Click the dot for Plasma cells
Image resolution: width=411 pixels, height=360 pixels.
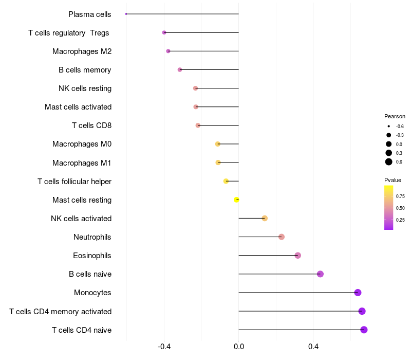126,14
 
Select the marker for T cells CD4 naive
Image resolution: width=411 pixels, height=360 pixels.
364,330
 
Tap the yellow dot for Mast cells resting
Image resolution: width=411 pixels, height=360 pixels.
236,200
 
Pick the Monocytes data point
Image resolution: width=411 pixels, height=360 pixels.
358,293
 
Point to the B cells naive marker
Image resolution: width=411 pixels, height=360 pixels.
320,274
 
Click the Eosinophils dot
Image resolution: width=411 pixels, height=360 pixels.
297,256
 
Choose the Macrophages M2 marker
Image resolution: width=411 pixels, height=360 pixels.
168,51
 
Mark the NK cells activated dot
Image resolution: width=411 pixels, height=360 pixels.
265,219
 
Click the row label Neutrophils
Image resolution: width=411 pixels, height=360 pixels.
92,237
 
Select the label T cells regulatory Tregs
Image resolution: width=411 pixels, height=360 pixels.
69,33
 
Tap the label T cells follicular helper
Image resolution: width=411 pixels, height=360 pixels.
74,182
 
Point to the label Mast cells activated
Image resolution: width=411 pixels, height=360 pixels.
78,107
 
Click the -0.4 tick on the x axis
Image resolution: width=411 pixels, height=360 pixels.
164,348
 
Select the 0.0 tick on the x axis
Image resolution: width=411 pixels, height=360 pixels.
239,348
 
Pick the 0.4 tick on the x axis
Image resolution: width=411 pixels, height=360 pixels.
313,348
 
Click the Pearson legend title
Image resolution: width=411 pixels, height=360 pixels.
395,116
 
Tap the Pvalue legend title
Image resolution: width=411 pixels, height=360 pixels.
393,180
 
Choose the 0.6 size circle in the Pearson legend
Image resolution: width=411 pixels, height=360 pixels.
389,162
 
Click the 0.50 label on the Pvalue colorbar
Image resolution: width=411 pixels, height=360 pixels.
400,208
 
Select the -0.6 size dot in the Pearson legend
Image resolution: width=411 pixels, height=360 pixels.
389,126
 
